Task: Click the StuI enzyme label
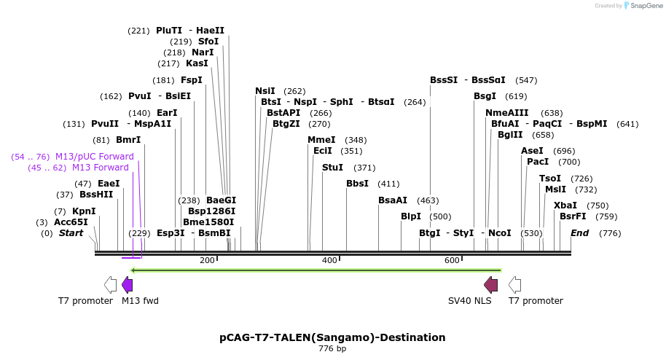click(x=332, y=168)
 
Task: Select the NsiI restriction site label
click(x=265, y=91)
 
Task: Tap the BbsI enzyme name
click(x=357, y=184)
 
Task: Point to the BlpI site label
click(x=411, y=216)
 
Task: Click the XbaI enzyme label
click(x=565, y=206)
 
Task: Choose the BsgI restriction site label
click(x=485, y=96)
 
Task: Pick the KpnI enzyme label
click(x=84, y=211)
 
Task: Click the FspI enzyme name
click(x=192, y=80)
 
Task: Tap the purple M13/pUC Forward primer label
click(x=95, y=157)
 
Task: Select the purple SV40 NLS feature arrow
click(x=491, y=284)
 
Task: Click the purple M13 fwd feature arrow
click(x=127, y=284)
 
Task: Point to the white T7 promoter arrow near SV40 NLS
click(x=514, y=284)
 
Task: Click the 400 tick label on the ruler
click(x=330, y=261)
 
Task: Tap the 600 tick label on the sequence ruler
click(x=452, y=261)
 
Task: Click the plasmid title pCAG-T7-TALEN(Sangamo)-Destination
click(x=332, y=337)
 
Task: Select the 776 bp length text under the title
click(x=332, y=349)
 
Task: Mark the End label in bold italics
click(x=580, y=233)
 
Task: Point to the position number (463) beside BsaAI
click(x=428, y=200)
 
